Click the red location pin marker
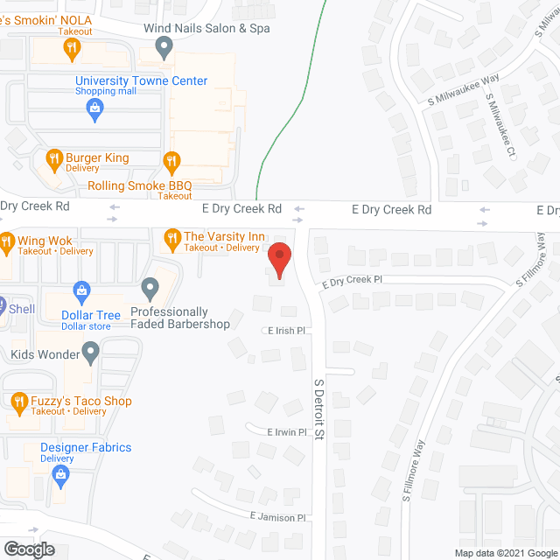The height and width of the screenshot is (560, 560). [279, 260]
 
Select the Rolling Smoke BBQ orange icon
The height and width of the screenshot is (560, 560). [171, 160]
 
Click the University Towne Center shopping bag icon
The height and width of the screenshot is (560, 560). [94, 108]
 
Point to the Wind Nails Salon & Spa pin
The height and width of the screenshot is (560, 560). [164, 49]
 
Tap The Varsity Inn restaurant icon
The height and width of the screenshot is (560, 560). [171, 236]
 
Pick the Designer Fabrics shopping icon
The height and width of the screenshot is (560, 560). [60, 475]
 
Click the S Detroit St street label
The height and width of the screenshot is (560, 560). [319, 416]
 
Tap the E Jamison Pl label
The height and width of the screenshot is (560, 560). [277, 518]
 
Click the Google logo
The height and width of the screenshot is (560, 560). [29, 549]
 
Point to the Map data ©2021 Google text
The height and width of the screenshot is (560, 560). [505, 553]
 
